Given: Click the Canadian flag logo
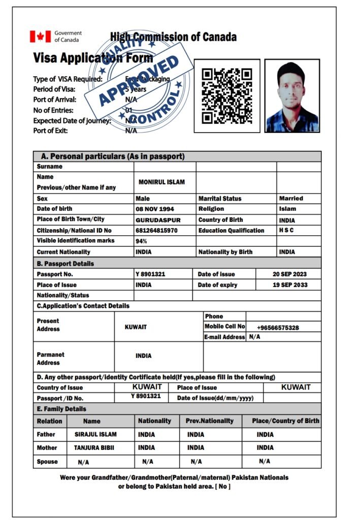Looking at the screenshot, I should point(40,37).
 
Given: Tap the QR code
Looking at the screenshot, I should point(227,96).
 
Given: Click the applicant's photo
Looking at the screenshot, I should point(292,96).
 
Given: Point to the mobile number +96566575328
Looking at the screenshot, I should point(278,328).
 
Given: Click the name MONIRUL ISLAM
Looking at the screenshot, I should point(161,182).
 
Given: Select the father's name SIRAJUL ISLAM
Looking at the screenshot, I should point(95,434).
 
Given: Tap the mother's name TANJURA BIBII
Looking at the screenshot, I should point(94,448).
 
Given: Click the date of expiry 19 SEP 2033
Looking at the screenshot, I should point(290,285).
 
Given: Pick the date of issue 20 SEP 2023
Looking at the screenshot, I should point(289,274).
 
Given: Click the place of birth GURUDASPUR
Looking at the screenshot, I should point(158,220).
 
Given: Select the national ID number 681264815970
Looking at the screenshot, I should point(156,231).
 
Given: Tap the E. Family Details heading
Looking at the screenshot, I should point(61,409).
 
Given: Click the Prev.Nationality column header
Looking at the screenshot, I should point(210,421).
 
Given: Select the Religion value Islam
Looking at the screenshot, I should point(287,209).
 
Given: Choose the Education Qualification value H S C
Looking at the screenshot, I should point(286,231).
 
